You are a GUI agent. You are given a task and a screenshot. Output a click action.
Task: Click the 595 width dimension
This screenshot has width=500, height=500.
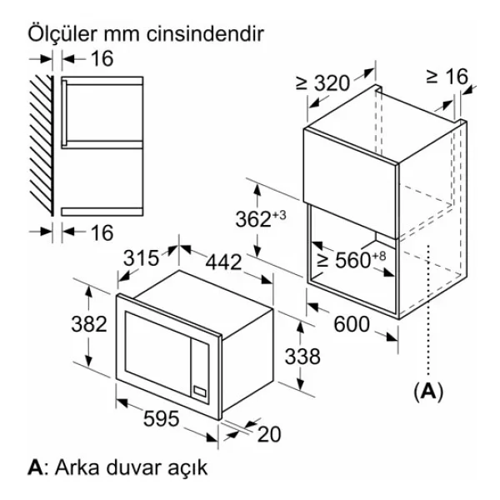point(162,418)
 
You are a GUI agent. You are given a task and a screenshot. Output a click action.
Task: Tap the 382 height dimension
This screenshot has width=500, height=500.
point(89,324)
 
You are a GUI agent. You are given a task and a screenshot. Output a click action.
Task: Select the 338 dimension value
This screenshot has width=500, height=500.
point(302,356)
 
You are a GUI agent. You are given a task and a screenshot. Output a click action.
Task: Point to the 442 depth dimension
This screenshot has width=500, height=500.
point(223,262)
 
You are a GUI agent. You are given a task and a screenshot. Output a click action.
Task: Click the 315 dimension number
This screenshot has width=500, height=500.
point(141,257)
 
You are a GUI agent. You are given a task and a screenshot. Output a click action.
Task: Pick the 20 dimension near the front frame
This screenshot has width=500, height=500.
point(269,434)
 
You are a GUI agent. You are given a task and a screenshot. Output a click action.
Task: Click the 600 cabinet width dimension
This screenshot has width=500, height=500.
point(352,324)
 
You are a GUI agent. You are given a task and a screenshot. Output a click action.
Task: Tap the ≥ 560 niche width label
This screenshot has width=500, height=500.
point(352,259)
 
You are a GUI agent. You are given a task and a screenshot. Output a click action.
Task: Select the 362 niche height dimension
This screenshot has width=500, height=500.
point(261,218)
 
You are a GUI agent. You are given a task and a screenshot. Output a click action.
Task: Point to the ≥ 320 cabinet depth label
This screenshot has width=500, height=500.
point(322,82)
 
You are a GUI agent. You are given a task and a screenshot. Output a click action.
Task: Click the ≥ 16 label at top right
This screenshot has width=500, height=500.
point(447,77)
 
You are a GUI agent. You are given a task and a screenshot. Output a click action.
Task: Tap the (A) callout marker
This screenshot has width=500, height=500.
point(428,392)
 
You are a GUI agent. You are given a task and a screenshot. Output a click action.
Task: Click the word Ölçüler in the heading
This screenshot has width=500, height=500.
point(62,33)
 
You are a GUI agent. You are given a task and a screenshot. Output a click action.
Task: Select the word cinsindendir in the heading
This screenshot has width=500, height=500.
point(205,33)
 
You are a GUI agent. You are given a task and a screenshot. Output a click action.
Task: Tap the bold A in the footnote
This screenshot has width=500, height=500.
point(35,467)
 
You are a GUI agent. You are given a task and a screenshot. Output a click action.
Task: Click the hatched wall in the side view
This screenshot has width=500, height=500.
point(42,145)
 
